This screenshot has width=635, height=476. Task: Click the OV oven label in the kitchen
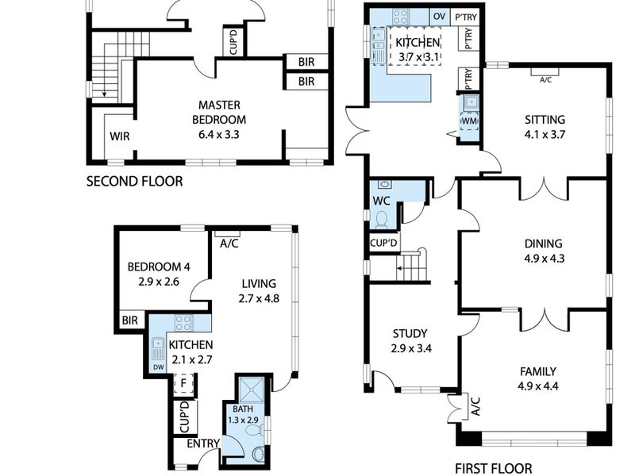pos(440,16)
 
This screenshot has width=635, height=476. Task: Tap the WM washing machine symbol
pos(469,121)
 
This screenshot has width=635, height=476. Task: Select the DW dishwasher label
pos(159,367)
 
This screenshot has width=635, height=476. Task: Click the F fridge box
pos(183,383)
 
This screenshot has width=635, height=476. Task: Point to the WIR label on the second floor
pos(120,136)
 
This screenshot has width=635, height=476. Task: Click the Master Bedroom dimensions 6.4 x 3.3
pos(219,134)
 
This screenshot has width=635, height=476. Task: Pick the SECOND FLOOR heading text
pos(134,181)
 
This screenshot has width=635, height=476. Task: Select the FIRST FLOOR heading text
pos(493,469)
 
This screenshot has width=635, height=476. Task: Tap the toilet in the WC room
pos(382,220)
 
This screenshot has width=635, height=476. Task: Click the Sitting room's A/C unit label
pos(545,80)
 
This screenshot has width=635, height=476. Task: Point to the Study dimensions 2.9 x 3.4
pos(411,348)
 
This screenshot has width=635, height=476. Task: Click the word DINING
pos(543,244)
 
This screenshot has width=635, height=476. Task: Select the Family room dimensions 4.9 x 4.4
pos(538,386)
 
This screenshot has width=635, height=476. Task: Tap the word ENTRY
pos(203,443)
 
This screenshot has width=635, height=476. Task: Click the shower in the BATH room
pos(252,390)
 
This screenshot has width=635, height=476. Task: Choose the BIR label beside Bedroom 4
pos(130,321)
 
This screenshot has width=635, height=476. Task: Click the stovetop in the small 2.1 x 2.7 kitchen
pos(183,323)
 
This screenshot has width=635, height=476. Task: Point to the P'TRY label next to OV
pos(466,17)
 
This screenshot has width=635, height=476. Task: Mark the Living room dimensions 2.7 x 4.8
pos(259,299)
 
